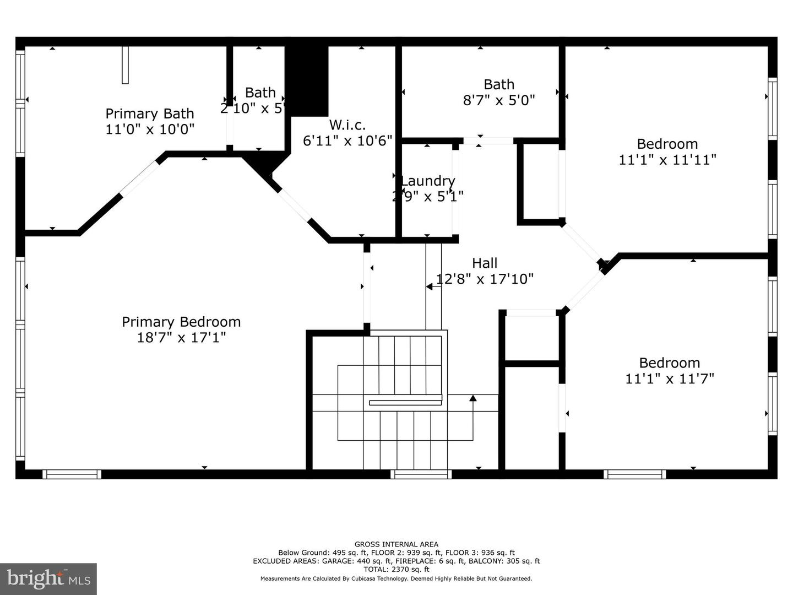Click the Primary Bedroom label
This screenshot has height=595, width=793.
[x=181, y=322]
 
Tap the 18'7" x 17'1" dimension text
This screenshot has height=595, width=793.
[x=181, y=337]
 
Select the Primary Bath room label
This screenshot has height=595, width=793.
[x=150, y=113]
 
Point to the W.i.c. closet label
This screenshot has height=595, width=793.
[x=347, y=125]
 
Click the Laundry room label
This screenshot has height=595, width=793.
[x=428, y=181]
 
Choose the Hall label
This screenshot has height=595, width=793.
[x=485, y=263]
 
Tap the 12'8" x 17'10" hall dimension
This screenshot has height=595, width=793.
[x=485, y=279]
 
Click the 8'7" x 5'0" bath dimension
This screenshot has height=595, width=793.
[x=499, y=100]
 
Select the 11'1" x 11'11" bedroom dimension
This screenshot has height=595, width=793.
[x=667, y=160]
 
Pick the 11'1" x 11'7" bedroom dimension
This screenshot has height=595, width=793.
[x=670, y=378]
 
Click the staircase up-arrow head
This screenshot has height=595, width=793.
[x=472, y=398]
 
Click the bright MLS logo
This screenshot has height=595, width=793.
[x=48, y=578]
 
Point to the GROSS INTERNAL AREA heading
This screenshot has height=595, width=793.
[x=397, y=544]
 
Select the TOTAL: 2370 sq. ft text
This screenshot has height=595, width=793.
[x=397, y=569]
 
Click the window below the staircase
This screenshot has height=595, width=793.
[x=421, y=474]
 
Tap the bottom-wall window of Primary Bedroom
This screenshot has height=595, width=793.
[x=72, y=474]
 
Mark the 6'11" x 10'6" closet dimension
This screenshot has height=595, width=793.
[x=347, y=140]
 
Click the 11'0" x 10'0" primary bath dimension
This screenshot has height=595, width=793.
[x=150, y=129]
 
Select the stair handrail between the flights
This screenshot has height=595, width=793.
[x=405, y=403]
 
